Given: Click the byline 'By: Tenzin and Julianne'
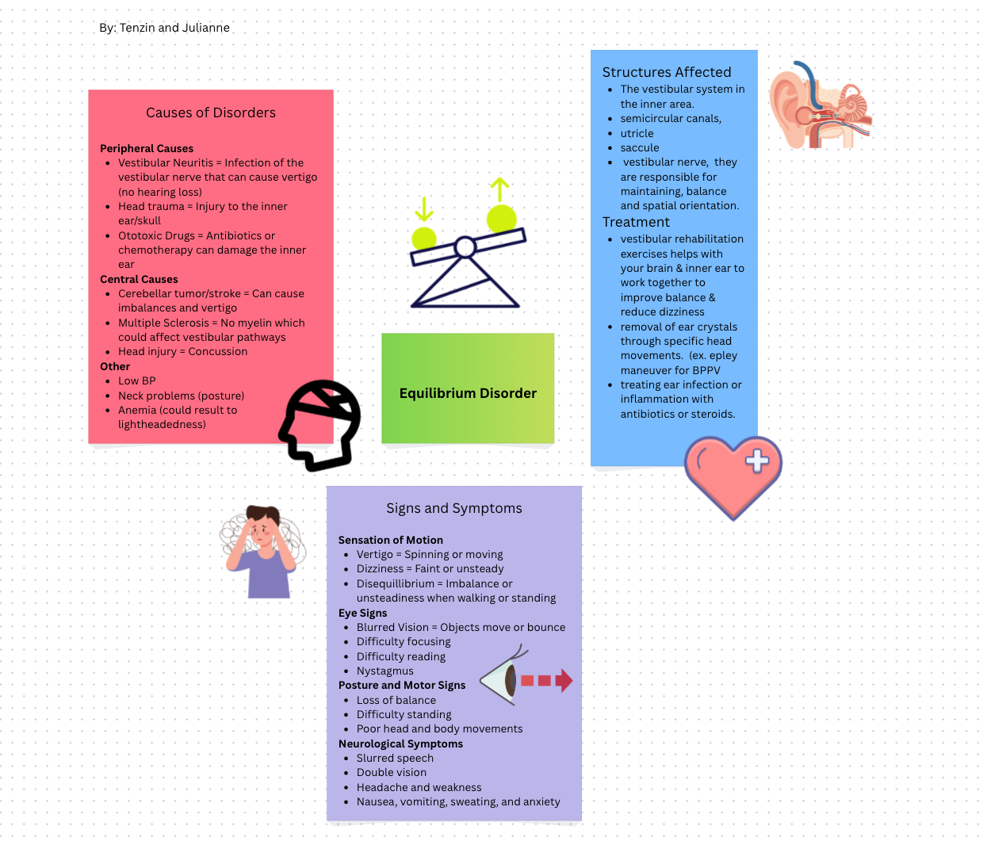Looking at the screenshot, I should click(x=164, y=28).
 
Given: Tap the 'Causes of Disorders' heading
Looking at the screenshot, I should click(x=211, y=113).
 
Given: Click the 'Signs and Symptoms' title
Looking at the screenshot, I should click(x=454, y=508).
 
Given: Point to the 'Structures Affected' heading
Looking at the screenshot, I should click(x=667, y=72).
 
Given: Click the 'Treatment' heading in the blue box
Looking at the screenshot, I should click(x=636, y=222).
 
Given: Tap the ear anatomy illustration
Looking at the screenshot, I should click(x=821, y=105).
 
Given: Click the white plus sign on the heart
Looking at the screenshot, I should click(x=757, y=461).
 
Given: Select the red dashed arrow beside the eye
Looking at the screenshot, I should click(x=546, y=680).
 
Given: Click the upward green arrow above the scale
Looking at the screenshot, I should click(x=499, y=190).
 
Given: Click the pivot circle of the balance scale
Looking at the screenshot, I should click(x=465, y=248).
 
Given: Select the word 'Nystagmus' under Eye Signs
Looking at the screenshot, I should click(x=384, y=671).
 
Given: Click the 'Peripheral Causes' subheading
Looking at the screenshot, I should click(x=147, y=148).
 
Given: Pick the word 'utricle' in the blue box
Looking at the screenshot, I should click(x=637, y=133).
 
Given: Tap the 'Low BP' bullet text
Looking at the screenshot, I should click(x=137, y=380).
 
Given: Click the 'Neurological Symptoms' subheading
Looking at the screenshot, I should click(x=400, y=744).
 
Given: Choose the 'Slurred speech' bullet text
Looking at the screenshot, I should click(x=395, y=758).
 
